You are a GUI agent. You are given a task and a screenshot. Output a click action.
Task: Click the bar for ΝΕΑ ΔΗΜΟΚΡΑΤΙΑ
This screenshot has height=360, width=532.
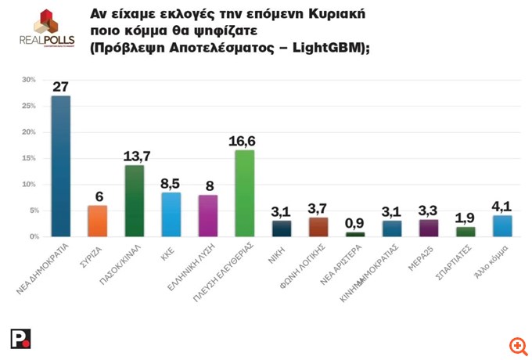61,166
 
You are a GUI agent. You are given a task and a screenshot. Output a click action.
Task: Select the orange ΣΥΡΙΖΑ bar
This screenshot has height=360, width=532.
97,221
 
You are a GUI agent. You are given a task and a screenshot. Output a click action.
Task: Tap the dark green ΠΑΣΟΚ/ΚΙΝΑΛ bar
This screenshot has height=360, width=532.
134,200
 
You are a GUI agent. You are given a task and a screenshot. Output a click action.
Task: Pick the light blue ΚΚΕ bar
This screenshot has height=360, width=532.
171,214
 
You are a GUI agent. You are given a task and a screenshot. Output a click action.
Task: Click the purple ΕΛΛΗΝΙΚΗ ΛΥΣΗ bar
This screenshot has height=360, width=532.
208,215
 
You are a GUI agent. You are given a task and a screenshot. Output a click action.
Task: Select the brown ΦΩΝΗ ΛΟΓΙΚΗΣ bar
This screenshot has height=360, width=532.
318,227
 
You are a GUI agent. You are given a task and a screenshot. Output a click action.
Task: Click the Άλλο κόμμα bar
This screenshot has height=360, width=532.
502,225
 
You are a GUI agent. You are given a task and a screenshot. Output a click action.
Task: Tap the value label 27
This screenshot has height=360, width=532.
61,87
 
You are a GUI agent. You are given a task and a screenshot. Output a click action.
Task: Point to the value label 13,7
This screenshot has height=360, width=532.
135,156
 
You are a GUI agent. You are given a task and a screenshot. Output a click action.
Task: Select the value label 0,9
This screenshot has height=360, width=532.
355,223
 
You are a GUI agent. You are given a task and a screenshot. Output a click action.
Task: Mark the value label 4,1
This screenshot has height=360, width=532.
502,207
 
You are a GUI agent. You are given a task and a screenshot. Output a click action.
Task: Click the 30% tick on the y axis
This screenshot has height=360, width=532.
30,80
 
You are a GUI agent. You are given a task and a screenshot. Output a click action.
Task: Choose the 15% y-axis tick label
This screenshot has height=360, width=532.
30,158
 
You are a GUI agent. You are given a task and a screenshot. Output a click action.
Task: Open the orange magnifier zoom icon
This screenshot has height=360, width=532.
516,345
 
